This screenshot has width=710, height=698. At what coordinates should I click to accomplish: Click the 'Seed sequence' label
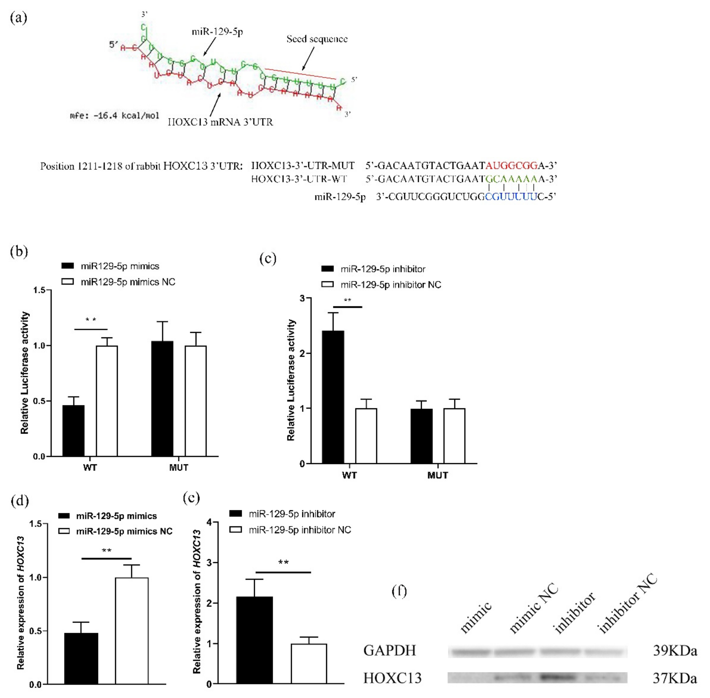pos(317,39)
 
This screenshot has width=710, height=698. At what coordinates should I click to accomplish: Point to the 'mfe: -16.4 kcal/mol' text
pos(114,116)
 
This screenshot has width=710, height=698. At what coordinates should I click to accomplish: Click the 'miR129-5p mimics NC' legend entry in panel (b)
pos(128,282)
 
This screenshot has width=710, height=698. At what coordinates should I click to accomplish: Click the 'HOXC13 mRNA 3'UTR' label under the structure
pos(220,122)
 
